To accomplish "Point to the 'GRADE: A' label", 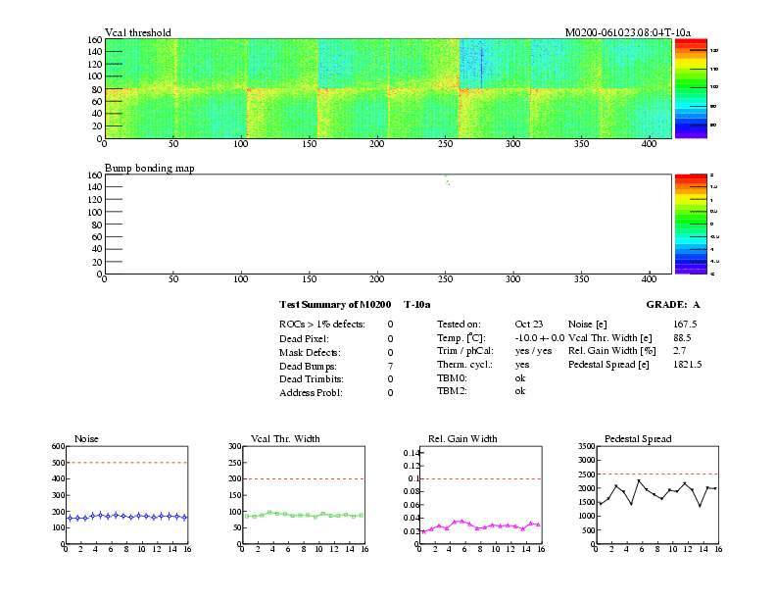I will pos(673,305).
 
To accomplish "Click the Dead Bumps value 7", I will pos(390,366).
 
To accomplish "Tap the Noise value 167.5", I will pos(685,324).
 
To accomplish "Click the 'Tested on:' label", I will pos(459,324).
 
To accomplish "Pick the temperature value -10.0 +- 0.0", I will pos(540,337).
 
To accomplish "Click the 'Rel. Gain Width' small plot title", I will pos(462,438).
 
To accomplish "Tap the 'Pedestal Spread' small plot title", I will pos(638,438).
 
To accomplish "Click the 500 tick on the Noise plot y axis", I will pos(58,463).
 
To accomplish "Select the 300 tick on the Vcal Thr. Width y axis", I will pos(235,446).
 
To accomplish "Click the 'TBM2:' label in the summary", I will pos(452,391).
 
